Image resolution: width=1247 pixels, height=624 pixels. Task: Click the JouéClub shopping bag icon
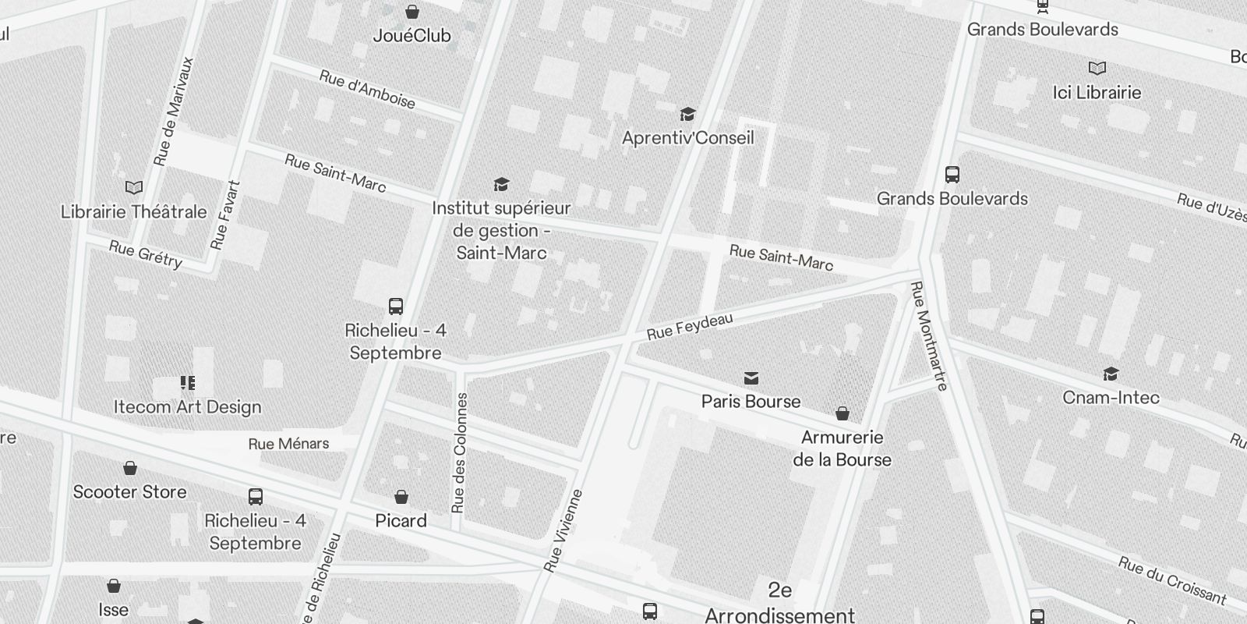pos(412,12)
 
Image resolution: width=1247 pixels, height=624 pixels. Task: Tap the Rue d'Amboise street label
pos(367,90)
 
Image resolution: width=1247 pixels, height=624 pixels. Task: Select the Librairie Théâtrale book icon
pos(134,187)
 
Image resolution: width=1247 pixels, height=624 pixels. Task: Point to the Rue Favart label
pos(226,215)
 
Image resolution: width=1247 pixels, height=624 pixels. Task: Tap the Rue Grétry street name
pos(146,254)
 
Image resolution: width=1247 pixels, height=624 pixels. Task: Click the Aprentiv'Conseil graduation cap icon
pos(687,115)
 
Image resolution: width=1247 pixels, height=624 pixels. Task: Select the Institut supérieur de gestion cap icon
pos(501,185)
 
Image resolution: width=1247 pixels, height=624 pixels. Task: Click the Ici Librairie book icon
pos(1097,69)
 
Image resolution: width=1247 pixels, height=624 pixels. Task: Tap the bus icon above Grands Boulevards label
pos(952,174)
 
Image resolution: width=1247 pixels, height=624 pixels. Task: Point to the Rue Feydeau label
pos(679,327)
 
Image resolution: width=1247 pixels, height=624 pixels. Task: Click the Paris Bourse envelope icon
pos(751,378)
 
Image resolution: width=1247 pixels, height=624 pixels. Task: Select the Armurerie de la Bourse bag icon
pos(842,413)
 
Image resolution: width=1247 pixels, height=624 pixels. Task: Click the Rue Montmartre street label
pos(929,335)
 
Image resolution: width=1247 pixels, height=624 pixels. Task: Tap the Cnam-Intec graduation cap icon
pos(1111,374)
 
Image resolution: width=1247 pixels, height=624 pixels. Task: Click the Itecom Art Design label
pos(187,406)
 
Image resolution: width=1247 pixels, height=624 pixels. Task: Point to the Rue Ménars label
pos(288,444)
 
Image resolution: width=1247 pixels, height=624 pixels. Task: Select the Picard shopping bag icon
pos(401,497)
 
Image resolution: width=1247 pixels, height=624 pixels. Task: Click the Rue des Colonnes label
pos(460,453)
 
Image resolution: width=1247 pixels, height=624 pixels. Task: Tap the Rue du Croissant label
pos(1171,580)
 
